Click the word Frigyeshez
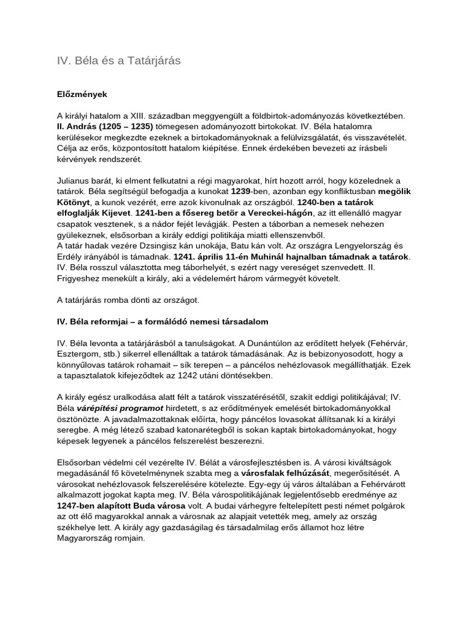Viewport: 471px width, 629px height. coord(82,278)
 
